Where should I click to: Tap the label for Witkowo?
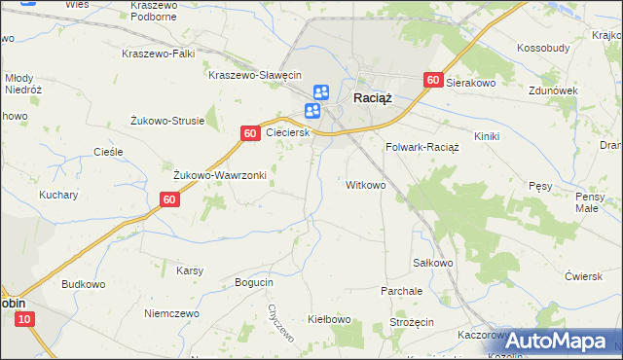[366, 184]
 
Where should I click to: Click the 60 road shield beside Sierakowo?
[434, 82]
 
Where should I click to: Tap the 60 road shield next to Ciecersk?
[250, 132]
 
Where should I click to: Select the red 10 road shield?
[25, 319]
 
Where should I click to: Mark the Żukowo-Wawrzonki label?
[220, 175]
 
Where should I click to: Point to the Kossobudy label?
[543, 48]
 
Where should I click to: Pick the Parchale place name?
[402, 291]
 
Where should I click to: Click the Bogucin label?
[254, 282]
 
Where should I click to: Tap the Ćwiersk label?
[583, 276]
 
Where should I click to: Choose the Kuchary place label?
[58, 195]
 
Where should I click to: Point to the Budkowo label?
[83, 284]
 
